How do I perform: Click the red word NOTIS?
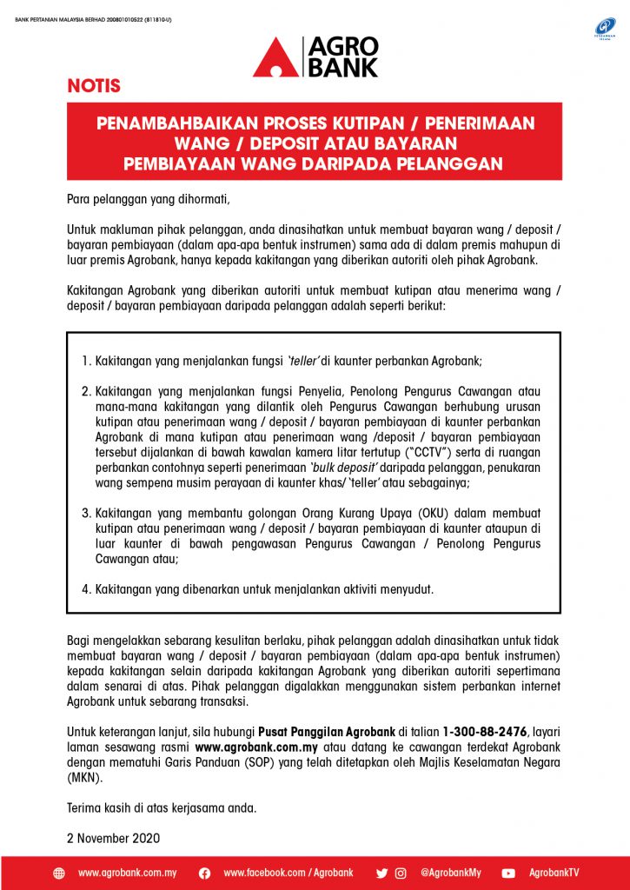tap(94, 87)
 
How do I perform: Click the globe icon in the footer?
tap(59, 873)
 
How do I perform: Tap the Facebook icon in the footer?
tap(204, 873)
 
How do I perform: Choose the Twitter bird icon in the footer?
tap(381, 873)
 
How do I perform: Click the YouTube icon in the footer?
tap(508, 873)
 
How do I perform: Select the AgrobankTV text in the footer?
tap(554, 873)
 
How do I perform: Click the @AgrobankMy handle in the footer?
tap(450, 873)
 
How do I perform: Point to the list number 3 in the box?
tap(86, 512)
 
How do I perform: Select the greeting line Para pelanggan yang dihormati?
tap(149, 199)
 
